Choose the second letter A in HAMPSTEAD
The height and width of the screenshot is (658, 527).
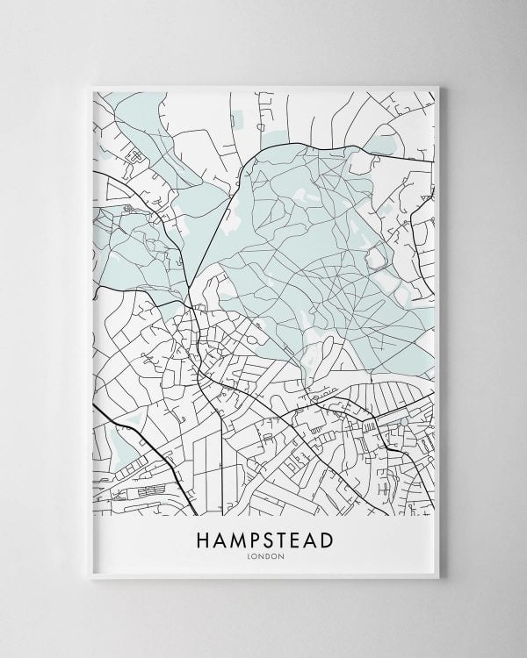tap(314, 538)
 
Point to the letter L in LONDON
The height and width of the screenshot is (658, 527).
tap(251, 554)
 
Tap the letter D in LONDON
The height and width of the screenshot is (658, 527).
tap(266, 554)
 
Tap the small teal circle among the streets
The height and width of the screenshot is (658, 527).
tap(402, 423)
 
